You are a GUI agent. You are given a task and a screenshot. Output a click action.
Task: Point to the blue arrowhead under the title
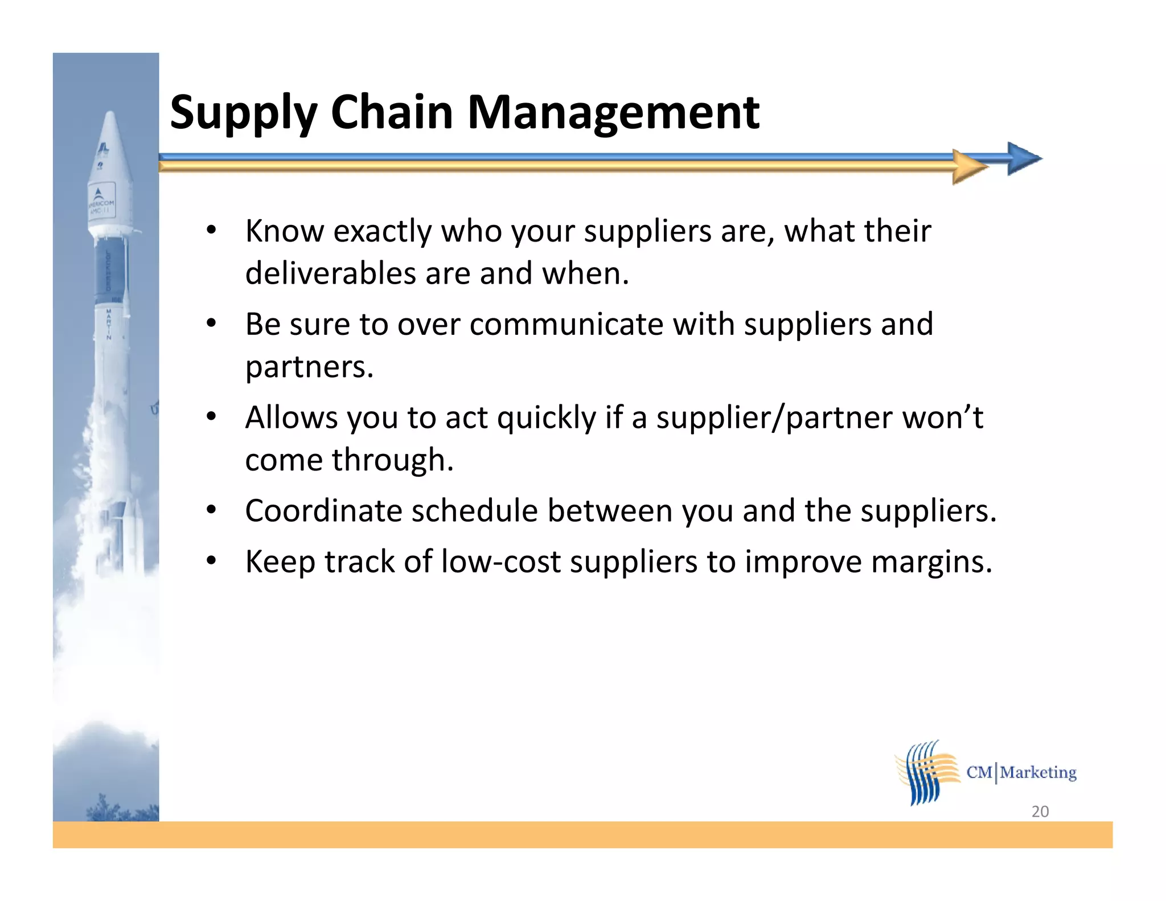tap(1023, 158)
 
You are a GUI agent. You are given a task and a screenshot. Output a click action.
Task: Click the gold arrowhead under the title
tap(969, 167)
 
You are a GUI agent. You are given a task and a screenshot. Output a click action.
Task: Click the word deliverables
tap(330, 273)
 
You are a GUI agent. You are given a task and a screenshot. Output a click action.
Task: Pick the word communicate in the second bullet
tap(566, 325)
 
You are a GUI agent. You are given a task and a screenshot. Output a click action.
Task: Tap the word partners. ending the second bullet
tap(309, 367)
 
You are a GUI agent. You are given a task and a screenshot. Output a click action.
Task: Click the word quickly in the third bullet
tap(546, 419)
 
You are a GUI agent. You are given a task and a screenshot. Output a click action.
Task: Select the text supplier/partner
tap(774, 419)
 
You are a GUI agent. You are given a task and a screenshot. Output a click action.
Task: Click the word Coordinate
tap(323, 511)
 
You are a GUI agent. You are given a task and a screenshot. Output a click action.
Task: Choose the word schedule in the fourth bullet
tap(474, 511)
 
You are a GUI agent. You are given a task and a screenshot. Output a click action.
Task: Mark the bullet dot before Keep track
tap(211, 561)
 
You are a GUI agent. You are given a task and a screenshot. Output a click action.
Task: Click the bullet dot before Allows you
tap(211, 417)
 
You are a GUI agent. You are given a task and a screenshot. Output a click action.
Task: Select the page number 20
tap(1040, 812)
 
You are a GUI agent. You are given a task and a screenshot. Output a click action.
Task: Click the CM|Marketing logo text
tap(1021, 773)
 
